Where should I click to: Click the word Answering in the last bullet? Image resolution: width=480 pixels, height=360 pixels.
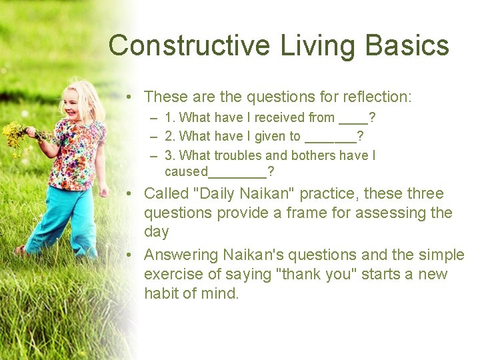(181, 255)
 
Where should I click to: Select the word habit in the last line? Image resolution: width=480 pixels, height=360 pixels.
(161, 294)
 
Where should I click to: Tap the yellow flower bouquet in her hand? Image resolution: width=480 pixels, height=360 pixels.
(17, 133)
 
